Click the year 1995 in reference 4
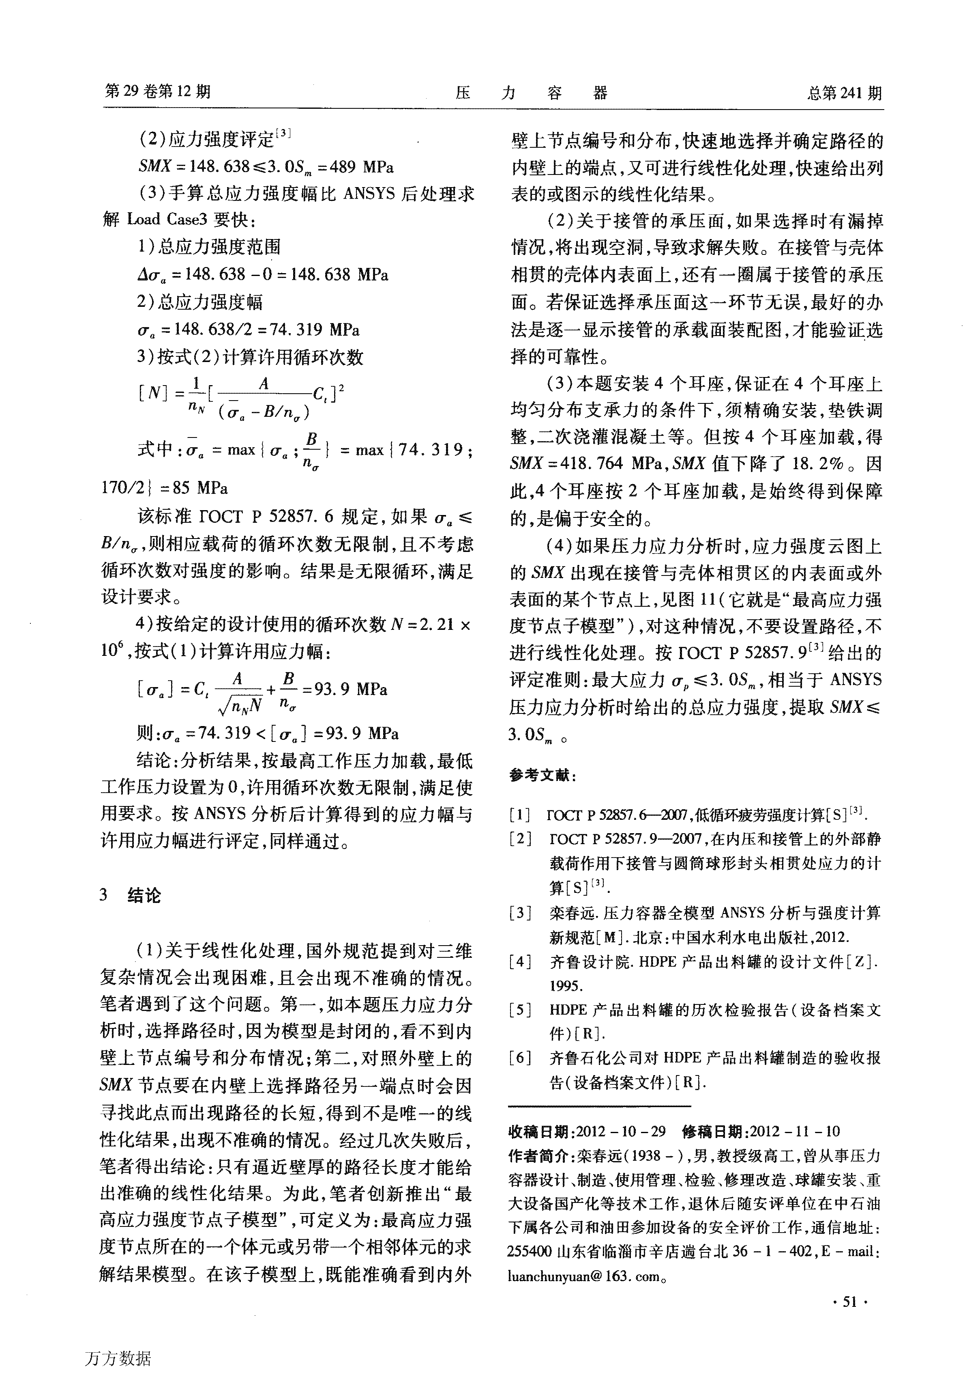[x=566, y=985]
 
